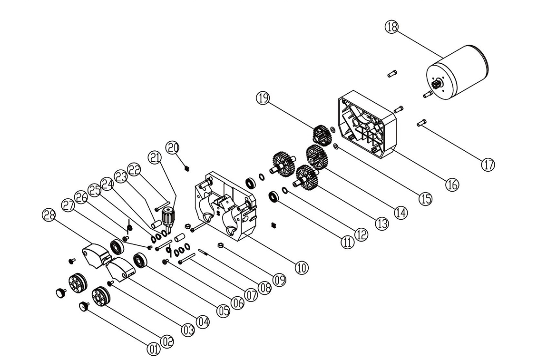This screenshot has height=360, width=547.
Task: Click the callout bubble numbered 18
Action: pyautogui.click(x=391, y=27)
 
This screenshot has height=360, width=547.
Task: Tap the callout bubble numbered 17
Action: pyautogui.click(x=488, y=165)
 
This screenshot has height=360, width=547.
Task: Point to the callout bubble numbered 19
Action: pyautogui.click(x=263, y=99)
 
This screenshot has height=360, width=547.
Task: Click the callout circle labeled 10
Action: pyautogui.click(x=301, y=268)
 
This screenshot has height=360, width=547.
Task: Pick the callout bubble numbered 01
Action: pyautogui.click(x=153, y=350)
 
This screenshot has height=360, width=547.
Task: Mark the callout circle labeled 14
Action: pyautogui.click(x=400, y=212)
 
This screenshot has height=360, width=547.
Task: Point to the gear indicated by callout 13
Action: pyautogui.click(x=305, y=177)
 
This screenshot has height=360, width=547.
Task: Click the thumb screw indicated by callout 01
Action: pyautogui.click(x=84, y=307)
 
